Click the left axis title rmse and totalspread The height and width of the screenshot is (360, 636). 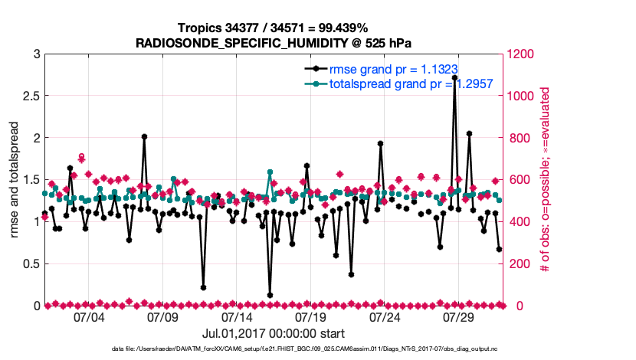click(x=15, y=180)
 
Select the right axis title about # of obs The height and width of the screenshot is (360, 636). click(x=546, y=180)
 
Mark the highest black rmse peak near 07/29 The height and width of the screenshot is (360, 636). click(x=454, y=77)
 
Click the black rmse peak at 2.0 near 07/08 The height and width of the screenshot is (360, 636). click(x=144, y=136)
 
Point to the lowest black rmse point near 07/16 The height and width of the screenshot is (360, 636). click(x=270, y=295)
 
